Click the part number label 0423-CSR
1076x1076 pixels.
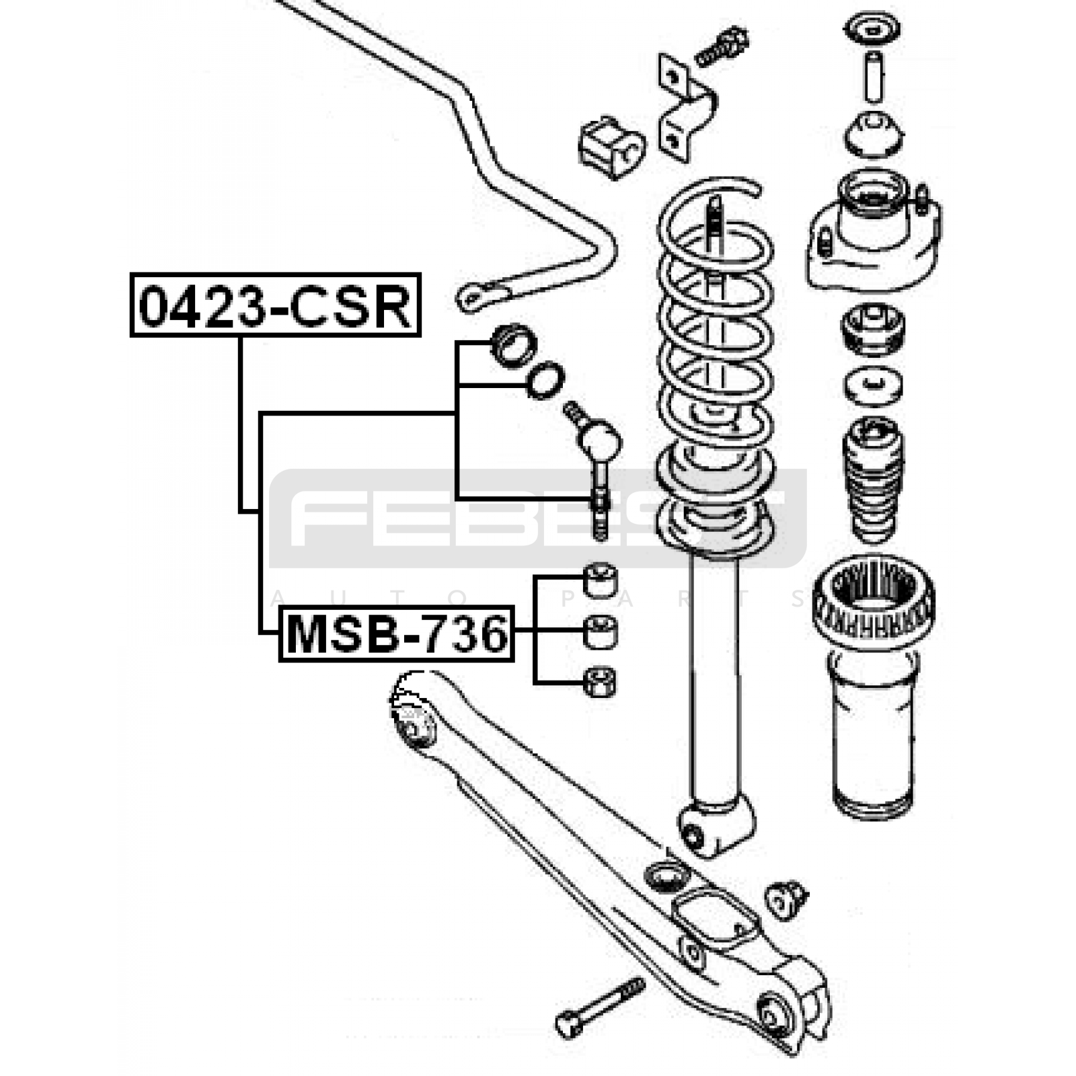(275, 305)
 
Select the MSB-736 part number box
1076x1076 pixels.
(397, 633)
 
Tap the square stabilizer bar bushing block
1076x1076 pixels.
(611, 149)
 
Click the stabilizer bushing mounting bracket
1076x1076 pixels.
(686, 108)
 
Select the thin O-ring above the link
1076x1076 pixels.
(545, 380)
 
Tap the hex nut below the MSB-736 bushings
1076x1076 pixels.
(600, 682)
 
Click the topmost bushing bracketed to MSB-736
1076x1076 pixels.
(600, 580)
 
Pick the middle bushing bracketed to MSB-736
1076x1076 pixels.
(600, 632)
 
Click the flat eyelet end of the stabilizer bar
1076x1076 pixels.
(479, 297)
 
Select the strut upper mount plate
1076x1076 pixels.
(873, 232)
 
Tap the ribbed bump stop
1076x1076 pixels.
(873, 480)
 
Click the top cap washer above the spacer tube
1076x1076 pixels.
(872, 31)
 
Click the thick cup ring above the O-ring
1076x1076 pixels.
(514, 345)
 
